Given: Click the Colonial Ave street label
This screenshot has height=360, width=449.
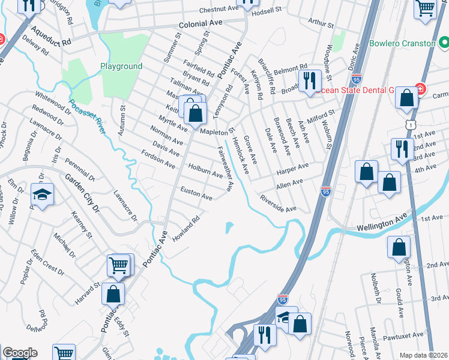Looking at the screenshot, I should pyautogui.click(x=203, y=25).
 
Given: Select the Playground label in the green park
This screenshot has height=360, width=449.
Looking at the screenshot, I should pyautogui.click(x=121, y=67).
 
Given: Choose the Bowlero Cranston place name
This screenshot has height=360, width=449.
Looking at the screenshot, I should pyautogui.click(x=402, y=44).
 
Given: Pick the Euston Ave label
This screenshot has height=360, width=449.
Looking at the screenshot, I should pyautogui.click(x=197, y=193).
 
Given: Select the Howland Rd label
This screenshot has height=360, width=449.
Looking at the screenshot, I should pyautogui.click(x=186, y=227).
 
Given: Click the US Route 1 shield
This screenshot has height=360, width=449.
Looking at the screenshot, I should pyautogui.click(x=411, y=124).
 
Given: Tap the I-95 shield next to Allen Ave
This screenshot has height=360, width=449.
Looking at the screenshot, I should pyautogui.click(x=325, y=191).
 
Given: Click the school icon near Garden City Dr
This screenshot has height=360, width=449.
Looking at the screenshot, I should pyautogui.click(x=43, y=194).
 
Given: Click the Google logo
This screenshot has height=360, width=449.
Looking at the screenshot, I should pyautogui.click(x=19, y=353).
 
